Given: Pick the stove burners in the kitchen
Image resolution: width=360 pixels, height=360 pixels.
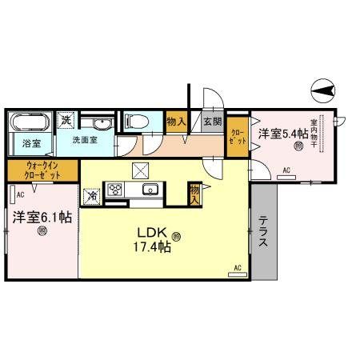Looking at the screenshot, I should tap(114, 190).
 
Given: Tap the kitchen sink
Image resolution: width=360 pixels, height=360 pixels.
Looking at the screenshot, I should tap(148, 190).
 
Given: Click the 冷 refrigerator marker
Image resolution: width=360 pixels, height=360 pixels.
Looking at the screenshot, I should tap(93, 195).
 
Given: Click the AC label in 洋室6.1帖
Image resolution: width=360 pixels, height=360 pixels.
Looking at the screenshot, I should tap(20, 194).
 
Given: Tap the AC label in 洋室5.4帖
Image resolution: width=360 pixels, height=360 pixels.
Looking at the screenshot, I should tap(286, 170).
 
